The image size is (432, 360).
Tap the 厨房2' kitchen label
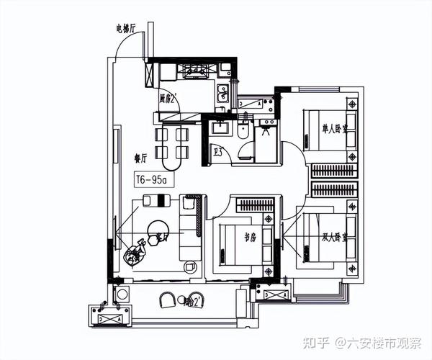[x=168, y=99]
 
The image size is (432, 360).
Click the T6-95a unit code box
[x=151, y=179]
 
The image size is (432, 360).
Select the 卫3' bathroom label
[x=217, y=151]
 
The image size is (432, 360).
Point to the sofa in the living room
[x=191, y=227]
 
